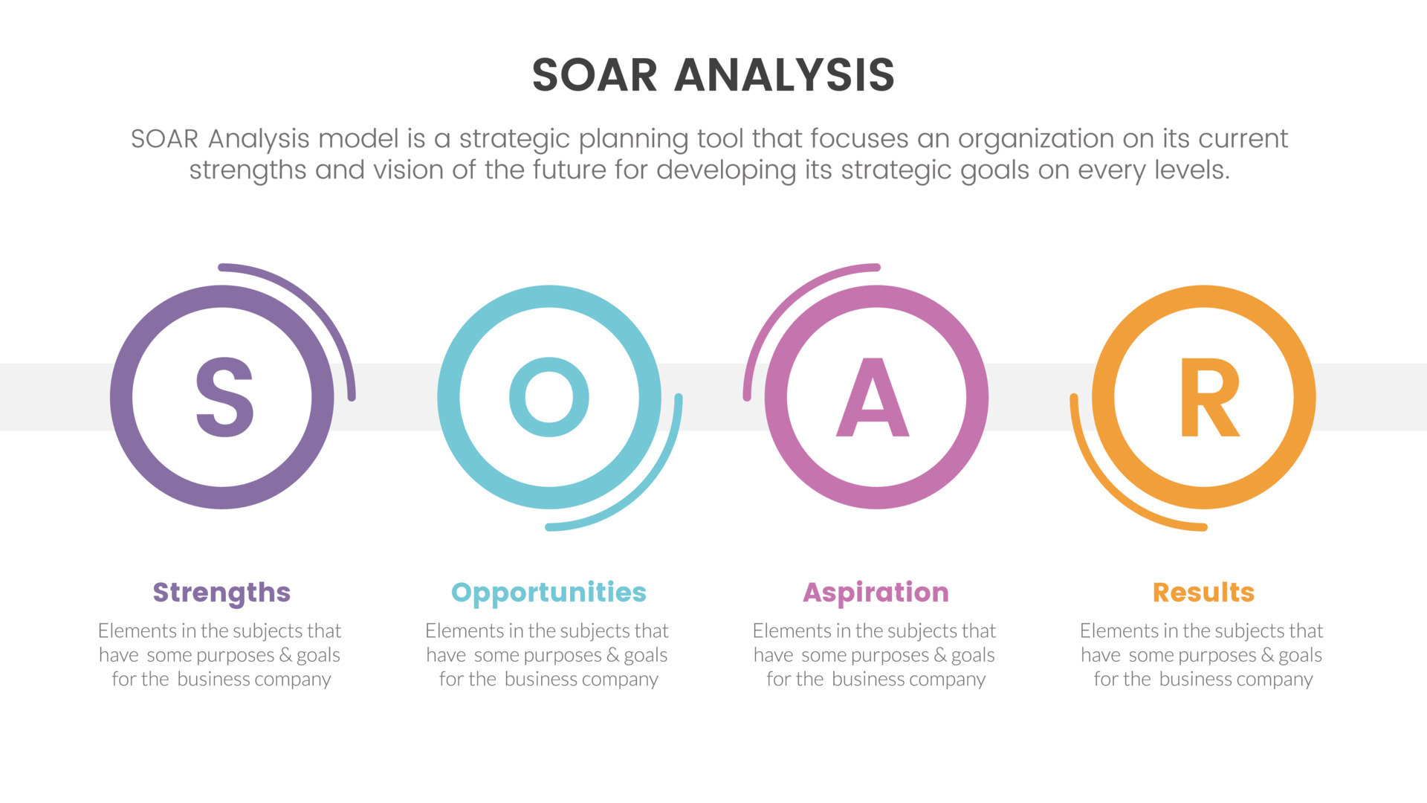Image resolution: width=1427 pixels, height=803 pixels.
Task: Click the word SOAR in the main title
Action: pyautogui.click(x=595, y=75)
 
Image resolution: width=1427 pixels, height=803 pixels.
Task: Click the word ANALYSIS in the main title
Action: pyautogui.click(x=784, y=75)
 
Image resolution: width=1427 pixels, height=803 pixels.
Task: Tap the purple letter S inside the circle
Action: pyautogui.click(x=224, y=397)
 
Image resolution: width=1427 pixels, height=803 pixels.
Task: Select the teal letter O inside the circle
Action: pyautogui.click(x=549, y=397)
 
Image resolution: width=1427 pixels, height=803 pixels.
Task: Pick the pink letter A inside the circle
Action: pyautogui.click(x=873, y=399)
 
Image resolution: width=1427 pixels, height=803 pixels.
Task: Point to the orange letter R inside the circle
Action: pyautogui.click(x=1208, y=399)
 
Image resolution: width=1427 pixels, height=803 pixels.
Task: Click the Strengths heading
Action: pyautogui.click(x=221, y=593)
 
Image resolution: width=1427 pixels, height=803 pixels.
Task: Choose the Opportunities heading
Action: pyautogui.click(x=549, y=593)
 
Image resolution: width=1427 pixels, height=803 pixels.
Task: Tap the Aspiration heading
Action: pyautogui.click(x=876, y=593)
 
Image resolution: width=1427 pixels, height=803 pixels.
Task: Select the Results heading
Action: pyautogui.click(x=1203, y=593)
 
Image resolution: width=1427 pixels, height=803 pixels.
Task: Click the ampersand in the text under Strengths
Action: pyautogui.click(x=285, y=655)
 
